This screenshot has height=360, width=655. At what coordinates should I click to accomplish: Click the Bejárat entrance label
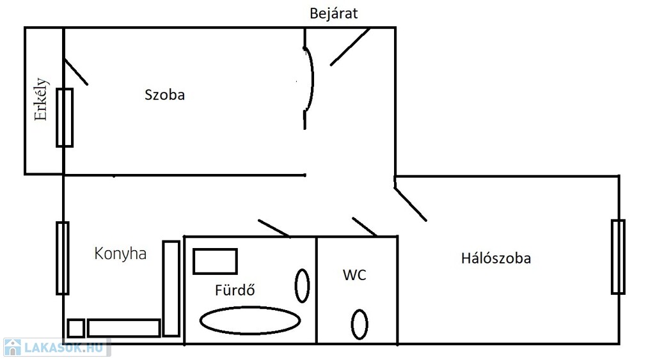click(333, 14)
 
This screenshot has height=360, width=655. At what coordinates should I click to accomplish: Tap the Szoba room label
click(164, 95)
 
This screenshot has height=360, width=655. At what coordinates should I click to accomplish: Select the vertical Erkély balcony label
click(41, 99)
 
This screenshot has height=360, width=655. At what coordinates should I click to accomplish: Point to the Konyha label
click(120, 253)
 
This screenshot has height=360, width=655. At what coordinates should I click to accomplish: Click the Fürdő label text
click(235, 290)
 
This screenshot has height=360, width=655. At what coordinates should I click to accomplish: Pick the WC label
click(354, 275)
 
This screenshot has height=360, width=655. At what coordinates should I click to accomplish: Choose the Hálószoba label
click(496, 258)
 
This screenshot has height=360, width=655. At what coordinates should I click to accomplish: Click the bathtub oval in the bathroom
click(250, 308)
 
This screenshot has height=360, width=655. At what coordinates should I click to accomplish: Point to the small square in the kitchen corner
click(76, 328)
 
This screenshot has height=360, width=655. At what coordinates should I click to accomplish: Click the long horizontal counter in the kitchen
click(124, 328)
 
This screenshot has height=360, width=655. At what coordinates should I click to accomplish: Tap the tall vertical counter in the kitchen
click(171, 288)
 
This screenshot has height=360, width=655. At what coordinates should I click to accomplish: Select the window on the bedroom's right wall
click(619, 257)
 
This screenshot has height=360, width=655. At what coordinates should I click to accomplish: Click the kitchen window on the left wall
click(63, 258)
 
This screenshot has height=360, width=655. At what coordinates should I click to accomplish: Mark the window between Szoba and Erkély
click(65, 118)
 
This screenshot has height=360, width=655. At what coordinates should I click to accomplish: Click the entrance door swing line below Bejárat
click(350, 47)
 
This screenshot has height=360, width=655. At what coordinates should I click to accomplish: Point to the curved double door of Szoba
click(313, 79)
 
